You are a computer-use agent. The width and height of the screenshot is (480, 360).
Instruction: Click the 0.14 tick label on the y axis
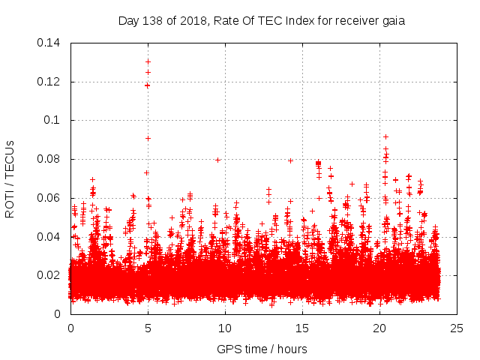(x=49, y=43)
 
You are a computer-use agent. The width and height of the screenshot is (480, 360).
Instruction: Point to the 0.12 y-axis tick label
(x=49, y=82)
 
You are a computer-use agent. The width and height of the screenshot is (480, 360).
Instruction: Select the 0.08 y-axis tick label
(x=49, y=159)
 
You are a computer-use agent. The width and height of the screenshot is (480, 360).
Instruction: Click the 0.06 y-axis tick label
(x=49, y=198)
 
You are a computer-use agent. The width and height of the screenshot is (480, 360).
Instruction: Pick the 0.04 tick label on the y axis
(x=49, y=237)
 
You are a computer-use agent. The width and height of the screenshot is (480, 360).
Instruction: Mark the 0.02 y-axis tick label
(x=49, y=275)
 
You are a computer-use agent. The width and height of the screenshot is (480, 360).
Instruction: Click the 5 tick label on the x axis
(x=148, y=328)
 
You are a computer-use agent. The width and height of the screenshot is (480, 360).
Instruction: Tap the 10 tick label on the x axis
(x=225, y=328)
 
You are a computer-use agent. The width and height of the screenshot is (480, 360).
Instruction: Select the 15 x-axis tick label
(x=302, y=328)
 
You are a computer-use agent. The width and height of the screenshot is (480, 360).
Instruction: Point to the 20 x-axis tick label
(x=379, y=328)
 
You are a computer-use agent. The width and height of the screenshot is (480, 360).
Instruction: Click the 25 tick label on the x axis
(x=457, y=328)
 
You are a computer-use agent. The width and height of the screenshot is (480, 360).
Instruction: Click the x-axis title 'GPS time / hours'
(x=262, y=349)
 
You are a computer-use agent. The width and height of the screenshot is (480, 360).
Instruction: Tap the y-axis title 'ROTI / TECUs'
(x=10, y=178)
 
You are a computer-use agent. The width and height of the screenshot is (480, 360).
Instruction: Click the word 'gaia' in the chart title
(x=393, y=21)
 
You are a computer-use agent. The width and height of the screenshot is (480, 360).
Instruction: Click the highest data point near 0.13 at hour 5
(x=148, y=61)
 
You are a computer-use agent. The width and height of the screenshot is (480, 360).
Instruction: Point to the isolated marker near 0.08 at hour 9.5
(x=217, y=159)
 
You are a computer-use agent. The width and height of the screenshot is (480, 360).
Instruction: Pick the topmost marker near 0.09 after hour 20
(x=385, y=136)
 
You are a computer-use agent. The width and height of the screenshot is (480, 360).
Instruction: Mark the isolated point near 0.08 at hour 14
(x=290, y=160)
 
